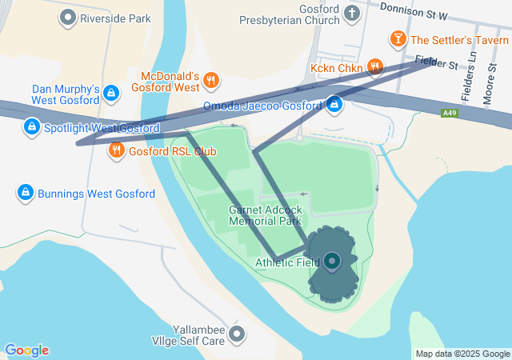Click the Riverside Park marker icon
coord(69,16)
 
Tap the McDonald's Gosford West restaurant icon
coord(211,79)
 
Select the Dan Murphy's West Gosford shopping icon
coord(111,94)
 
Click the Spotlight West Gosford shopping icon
coord(32,126)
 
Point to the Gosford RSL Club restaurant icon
coord(116,149)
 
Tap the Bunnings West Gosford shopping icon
coord(26,193)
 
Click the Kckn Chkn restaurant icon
coord(374,67)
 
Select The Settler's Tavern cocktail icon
coord(398,38)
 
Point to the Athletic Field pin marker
coord(331,261)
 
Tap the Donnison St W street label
coord(413,11)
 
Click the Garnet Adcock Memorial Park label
coord(264,214)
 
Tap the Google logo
coord(27,350)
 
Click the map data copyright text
coord(462,354)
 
